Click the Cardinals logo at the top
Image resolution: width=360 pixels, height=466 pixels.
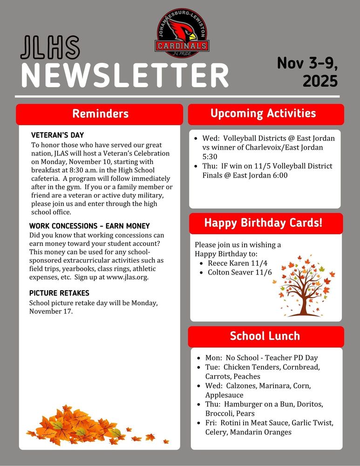[182, 33]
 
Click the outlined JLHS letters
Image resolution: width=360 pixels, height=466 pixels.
[50, 48]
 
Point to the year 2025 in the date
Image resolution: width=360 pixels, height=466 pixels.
[320, 81]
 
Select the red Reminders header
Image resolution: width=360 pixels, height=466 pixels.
[100, 114]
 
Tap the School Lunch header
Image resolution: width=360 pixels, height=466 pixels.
[265, 336]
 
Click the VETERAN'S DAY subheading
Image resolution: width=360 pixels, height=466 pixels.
[57, 135]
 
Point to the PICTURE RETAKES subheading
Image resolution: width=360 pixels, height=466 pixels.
[59, 293]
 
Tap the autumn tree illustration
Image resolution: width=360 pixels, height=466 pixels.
[303, 288]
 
